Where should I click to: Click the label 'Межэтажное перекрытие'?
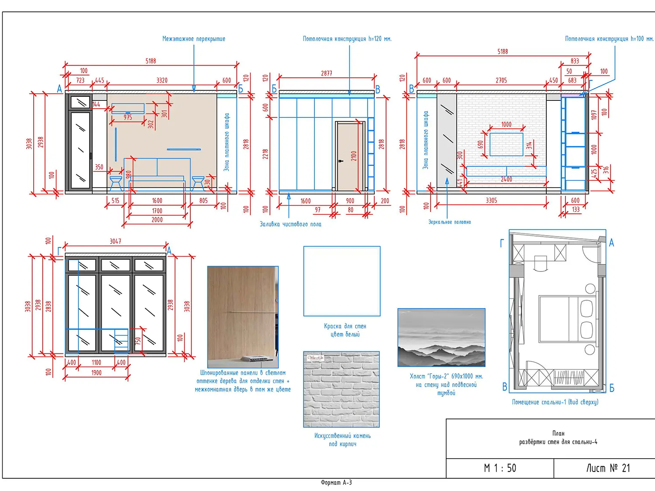coord(193,39)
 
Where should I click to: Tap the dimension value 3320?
coord(162,80)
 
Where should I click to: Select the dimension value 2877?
coord(327,73)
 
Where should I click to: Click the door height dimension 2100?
coord(354,156)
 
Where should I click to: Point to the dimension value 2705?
coord(501,80)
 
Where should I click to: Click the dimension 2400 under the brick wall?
coord(506,179)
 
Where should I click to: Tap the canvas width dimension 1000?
coord(506,124)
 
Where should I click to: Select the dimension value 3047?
coord(115,241)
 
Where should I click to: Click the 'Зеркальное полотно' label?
coord(449,222)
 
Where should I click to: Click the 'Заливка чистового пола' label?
coord(290,224)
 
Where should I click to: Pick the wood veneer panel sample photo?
coord(242,317)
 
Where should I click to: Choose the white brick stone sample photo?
coord(341,389)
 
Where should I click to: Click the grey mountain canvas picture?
coord(441,337)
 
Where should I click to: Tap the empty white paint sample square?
coord(342,281)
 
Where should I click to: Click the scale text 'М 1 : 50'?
coord(500,468)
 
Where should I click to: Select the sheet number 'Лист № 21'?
coord(608,468)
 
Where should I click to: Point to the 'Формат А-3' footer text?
coord(336,483)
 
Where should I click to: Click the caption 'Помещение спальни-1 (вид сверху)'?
coord(555,402)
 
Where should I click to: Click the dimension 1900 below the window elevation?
coord(97,373)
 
